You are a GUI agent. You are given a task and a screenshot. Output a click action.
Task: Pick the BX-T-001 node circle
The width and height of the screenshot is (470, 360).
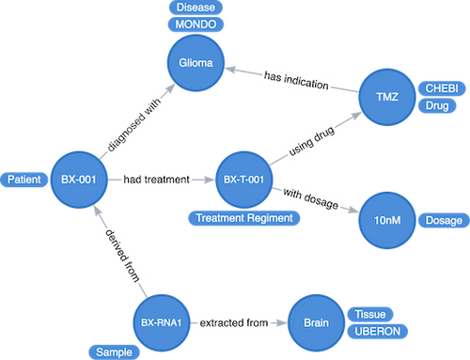coord(243,178)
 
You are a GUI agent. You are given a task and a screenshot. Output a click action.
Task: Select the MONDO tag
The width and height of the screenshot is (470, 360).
coord(196,24)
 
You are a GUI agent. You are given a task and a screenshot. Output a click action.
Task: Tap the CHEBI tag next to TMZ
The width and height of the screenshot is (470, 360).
coord(441,87)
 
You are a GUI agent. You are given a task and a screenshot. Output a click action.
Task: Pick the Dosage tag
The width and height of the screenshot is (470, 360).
coord(445,221)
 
